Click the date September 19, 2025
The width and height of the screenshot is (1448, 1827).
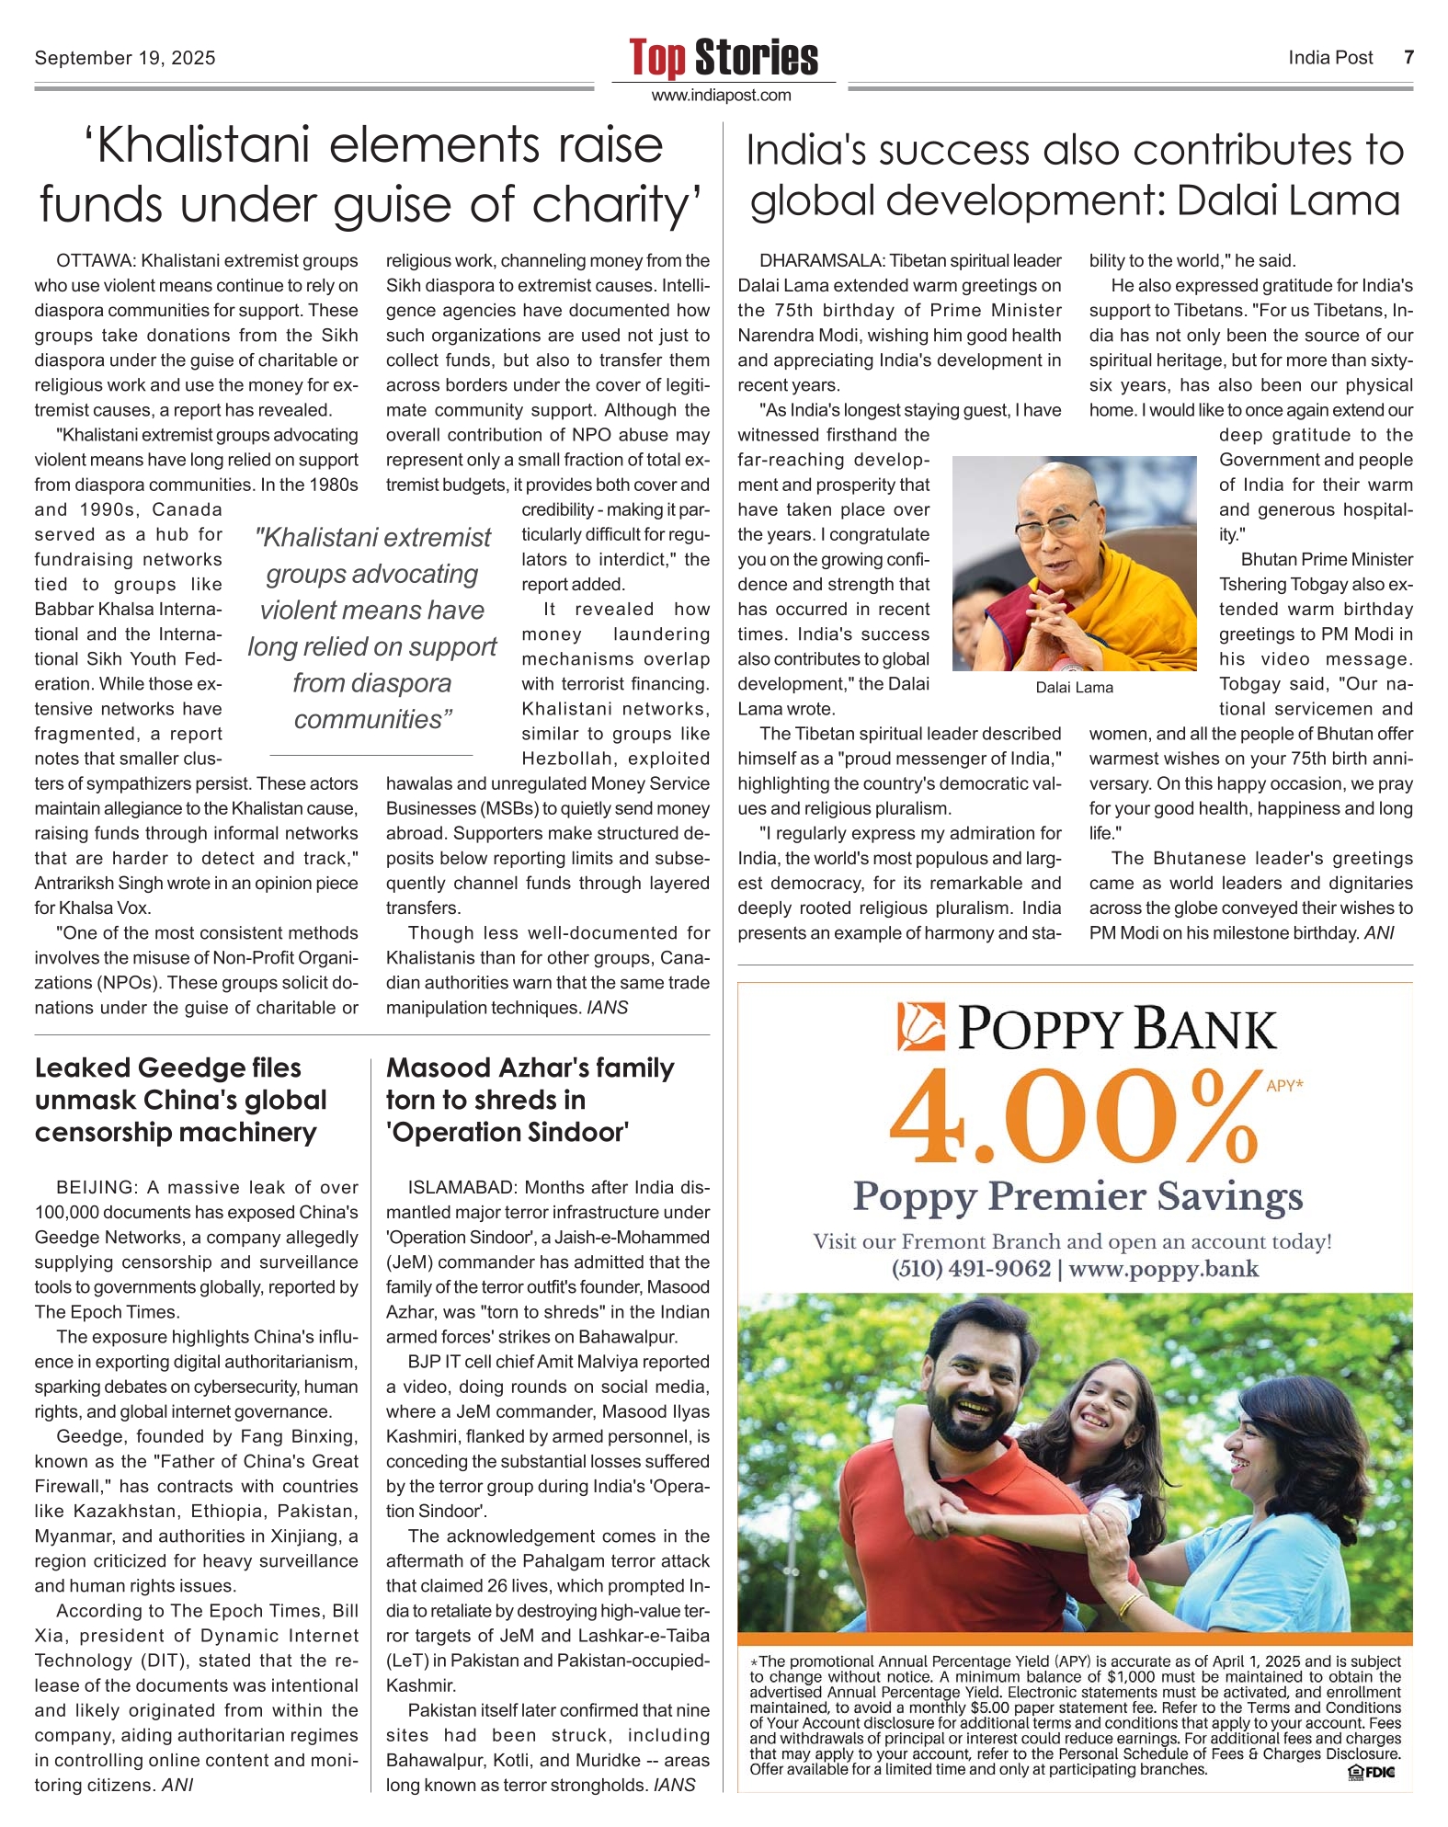point(125,58)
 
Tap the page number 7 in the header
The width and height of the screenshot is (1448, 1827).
point(1408,57)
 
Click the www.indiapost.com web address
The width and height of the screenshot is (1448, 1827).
point(722,96)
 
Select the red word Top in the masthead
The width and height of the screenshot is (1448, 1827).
point(657,58)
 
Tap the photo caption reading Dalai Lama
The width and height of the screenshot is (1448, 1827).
point(1074,688)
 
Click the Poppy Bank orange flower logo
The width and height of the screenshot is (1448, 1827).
point(922,1027)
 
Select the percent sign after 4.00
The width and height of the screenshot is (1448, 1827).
point(1213,1116)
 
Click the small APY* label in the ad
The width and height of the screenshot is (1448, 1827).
point(1284,1086)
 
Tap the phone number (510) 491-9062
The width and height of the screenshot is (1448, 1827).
point(971,1270)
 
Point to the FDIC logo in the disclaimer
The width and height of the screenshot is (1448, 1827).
point(1371,1772)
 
